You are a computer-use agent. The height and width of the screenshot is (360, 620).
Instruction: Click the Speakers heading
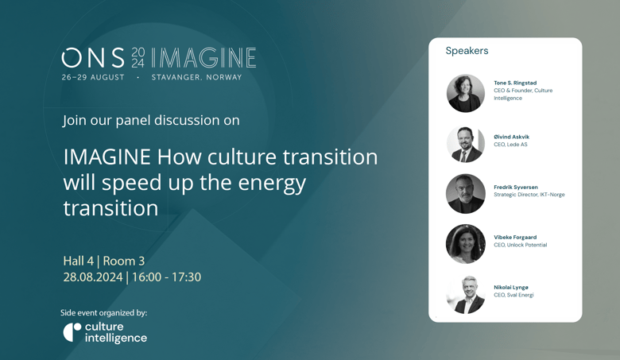[467, 51]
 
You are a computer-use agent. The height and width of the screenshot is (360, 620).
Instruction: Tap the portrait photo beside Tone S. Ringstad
[465, 93]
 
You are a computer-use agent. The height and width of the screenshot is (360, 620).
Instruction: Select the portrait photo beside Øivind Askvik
[465, 144]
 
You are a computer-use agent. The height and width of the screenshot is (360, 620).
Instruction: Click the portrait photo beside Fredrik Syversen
[465, 194]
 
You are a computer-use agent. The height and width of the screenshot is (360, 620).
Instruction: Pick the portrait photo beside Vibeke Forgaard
[465, 244]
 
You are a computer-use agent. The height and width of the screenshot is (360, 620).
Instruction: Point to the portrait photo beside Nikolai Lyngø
[465, 294]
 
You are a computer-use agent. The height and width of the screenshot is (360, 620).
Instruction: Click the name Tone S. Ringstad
[515, 83]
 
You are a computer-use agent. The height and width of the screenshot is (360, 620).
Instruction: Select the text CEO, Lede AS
[510, 145]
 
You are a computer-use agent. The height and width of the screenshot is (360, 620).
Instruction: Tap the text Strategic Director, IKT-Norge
[529, 195]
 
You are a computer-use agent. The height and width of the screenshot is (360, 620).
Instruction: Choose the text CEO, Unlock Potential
[521, 245]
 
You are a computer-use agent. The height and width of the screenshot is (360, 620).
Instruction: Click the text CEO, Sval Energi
[513, 295]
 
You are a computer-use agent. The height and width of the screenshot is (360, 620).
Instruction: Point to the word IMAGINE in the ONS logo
[203, 58]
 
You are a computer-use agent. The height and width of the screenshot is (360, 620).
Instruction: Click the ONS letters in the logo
[93, 58]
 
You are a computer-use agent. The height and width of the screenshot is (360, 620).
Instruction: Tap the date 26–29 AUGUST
[93, 77]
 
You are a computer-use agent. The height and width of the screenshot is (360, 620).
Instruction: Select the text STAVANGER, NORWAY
[196, 77]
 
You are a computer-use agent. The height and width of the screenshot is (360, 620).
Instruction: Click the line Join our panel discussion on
[151, 120]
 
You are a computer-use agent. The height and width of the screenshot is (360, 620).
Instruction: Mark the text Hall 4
[78, 261]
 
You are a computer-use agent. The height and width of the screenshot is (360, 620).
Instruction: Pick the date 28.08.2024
[93, 277]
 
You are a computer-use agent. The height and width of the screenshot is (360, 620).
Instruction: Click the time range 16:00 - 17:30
[166, 277]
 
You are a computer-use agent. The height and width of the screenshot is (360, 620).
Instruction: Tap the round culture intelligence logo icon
[72, 332]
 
